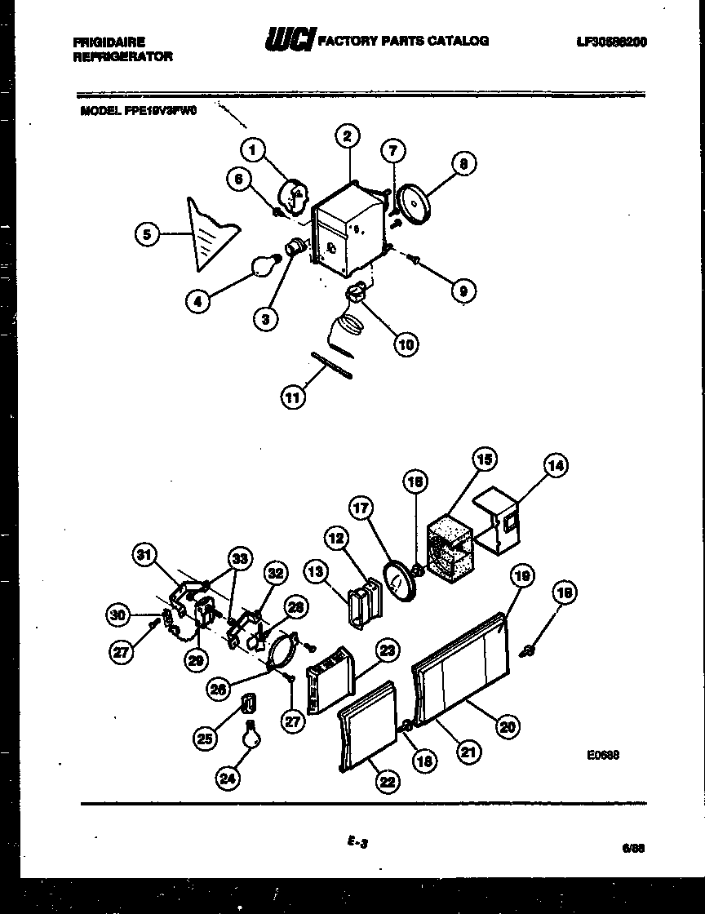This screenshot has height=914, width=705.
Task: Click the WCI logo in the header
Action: (x=290, y=40)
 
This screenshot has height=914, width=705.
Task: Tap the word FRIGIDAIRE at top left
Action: (x=109, y=42)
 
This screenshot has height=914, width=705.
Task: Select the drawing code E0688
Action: (x=602, y=756)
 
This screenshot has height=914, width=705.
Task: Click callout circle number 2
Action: (x=347, y=137)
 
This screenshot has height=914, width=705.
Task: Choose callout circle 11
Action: (x=293, y=397)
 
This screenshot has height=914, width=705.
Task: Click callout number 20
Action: (x=508, y=725)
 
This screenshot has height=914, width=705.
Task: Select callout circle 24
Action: (x=228, y=779)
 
